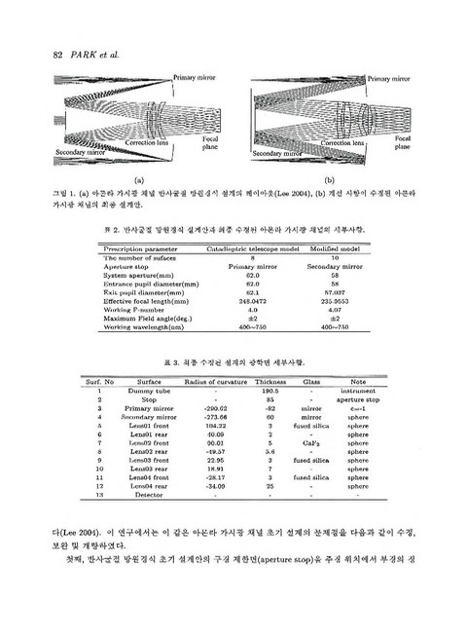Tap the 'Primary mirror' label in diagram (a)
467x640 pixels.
point(195,75)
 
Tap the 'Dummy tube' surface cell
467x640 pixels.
point(149,391)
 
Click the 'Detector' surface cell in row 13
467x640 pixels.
point(149,496)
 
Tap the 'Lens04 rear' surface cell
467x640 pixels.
point(149,487)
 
